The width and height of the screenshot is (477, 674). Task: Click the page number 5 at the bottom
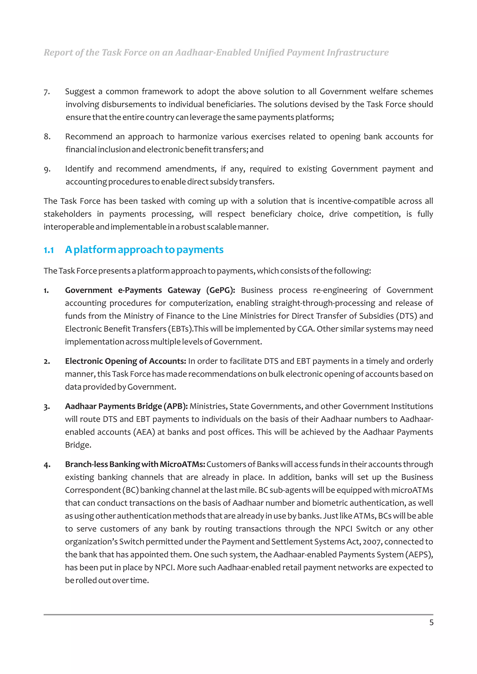pyautogui.click(x=431, y=622)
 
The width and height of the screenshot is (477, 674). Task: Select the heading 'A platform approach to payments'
pyautogui.click(x=144, y=250)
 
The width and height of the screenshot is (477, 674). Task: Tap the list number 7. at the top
pyautogui.click(x=47, y=92)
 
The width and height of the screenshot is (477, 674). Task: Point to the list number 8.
pyautogui.click(x=47, y=137)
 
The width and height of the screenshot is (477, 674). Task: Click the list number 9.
pyautogui.click(x=47, y=169)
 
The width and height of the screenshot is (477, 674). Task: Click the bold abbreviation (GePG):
pyautogui.click(x=220, y=290)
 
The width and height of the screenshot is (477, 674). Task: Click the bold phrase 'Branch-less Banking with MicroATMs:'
pyautogui.click(x=135, y=464)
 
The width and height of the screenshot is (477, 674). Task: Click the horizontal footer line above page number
pyautogui.click(x=238, y=614)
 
